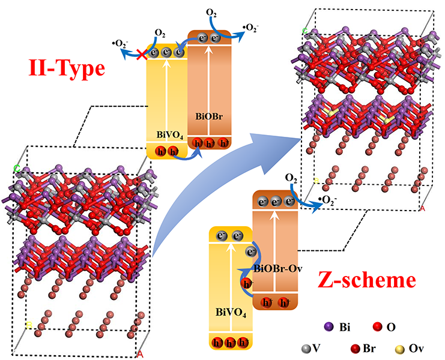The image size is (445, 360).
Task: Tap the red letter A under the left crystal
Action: tap(141, 354)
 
